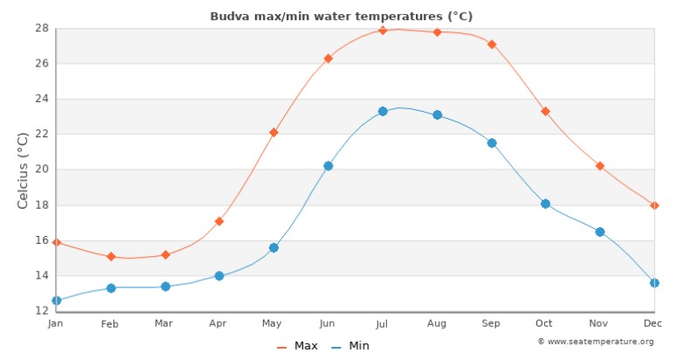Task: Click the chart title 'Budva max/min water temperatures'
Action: click(x=342, y=16)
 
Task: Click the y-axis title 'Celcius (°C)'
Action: click(x=24, y=170)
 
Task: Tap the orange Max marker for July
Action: click(x=383, y=31)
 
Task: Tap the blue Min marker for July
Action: click(x=383, y=112)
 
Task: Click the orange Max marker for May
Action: click(x=273, y=133)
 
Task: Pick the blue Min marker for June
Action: click(x=328, y=166)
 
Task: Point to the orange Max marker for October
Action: click(x=545, y=112)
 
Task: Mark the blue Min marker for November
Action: click(x=600, y=232)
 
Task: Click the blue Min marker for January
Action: click(x=57, y=301)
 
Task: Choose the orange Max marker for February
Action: click(x=111, y=257)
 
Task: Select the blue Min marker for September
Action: click(x=492, y=143)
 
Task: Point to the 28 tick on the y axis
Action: click(x=41, y=28)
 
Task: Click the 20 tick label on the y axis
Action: click(x=41, y=170)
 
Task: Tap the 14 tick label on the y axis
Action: click(x=41, y=276)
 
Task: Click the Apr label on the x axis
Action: click(x=218, y=324)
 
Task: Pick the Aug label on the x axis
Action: click(x=437, y=324)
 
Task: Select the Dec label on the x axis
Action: click(x=649, y=324)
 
